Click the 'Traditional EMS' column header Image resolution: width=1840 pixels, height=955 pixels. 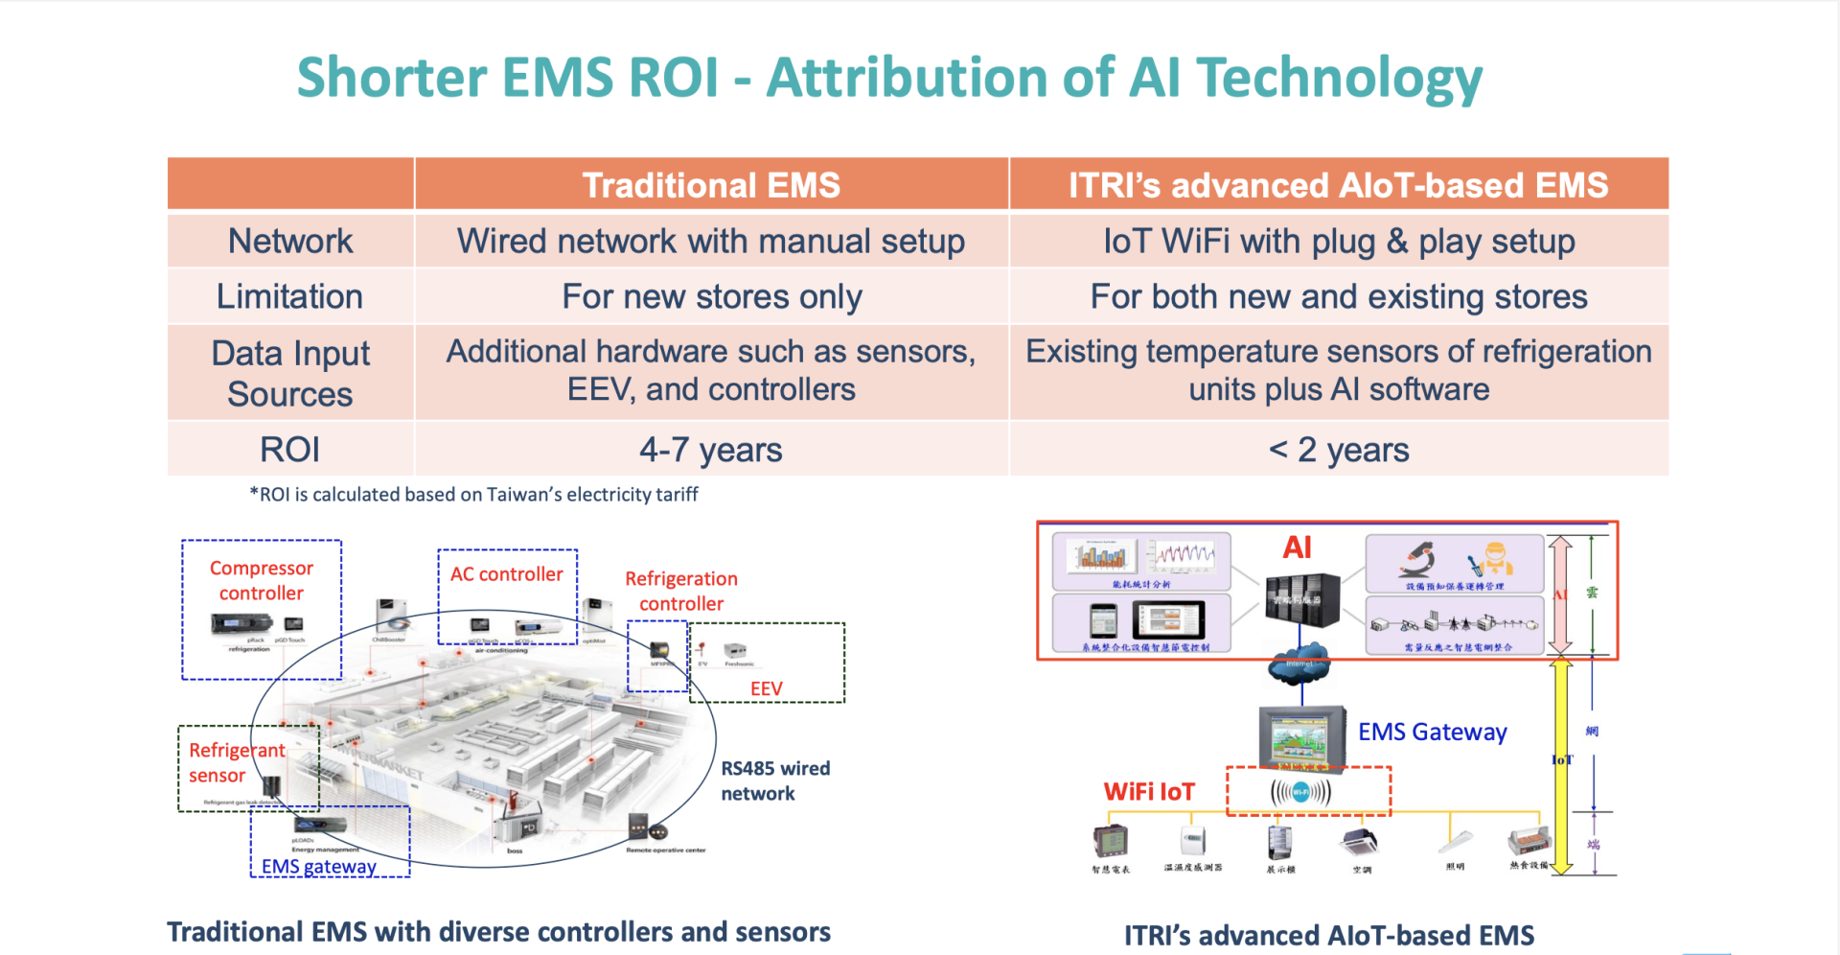click(711, 185)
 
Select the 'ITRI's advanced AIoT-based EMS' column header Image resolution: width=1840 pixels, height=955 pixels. click(1338, 185)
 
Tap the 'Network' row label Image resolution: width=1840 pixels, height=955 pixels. click(290, 241)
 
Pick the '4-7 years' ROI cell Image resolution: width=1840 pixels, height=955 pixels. click(711, 450)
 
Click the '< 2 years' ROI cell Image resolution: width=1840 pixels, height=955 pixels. click(1338, 450)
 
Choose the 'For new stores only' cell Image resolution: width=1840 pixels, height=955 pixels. click(711, 297)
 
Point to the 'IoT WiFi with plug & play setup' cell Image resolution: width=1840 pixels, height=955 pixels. click(1338, 241)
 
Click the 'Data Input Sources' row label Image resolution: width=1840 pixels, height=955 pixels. click(290, 373)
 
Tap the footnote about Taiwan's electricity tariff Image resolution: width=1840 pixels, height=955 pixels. click(473, 495)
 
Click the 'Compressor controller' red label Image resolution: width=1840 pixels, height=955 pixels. click(262, 580)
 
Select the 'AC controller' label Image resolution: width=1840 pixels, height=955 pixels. click(506, 574)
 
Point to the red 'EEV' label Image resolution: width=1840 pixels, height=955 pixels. click(766, 688)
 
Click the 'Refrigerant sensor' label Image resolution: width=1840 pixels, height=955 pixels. click(236, 762)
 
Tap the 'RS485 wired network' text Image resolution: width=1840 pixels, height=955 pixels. click(774, 780)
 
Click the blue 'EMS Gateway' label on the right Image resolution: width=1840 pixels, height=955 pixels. click(1432, 733)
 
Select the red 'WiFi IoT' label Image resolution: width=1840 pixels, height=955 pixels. click(1149, 792)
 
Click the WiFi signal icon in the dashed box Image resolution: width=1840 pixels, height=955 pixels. click(1300, 792)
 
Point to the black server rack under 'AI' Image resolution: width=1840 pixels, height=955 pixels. click(1300, 600)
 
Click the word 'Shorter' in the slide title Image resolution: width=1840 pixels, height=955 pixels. click(392, 78)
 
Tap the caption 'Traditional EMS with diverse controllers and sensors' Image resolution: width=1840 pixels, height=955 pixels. click(498, 932)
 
